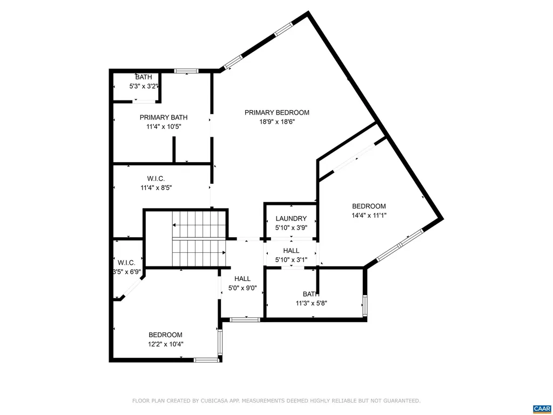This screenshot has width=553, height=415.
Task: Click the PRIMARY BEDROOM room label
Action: click(276, 112)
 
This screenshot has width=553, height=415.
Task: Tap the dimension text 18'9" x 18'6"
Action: click(276, 122)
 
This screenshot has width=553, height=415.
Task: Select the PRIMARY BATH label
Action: click(164, 117)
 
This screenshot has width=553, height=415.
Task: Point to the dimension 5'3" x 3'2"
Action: click(143, 86)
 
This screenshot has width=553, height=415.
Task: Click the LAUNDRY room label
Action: click(291, 218)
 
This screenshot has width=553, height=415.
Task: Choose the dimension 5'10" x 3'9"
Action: click(291, 227)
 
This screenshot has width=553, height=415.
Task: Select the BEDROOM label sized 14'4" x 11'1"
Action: click(369, 206)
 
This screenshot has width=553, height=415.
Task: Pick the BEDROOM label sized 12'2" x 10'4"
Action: click(165, 334)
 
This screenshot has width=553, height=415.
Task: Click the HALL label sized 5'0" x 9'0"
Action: click(242, 278)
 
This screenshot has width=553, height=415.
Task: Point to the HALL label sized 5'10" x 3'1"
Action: click(291, 251)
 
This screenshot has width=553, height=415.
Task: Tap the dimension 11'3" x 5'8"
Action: click(312, 303)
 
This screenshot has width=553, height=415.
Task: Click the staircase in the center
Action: click(199, 239)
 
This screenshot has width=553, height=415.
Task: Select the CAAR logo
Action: click(541, 408)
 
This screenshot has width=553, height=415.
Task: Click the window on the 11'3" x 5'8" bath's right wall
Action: click(365, 305)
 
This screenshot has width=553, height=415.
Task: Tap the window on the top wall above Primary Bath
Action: click(186, 70)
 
